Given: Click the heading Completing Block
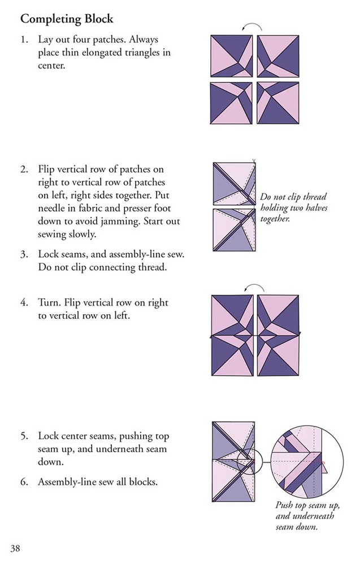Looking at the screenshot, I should click(67, 19).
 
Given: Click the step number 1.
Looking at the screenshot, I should click(24, 41).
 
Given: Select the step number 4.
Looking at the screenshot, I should click(24, 303).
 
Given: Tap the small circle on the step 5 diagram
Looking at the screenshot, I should click(248, 459).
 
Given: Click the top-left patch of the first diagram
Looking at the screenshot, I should click(232, 56).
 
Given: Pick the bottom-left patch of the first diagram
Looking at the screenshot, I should click(232, 104).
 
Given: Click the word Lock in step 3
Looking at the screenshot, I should click(49, 255).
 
